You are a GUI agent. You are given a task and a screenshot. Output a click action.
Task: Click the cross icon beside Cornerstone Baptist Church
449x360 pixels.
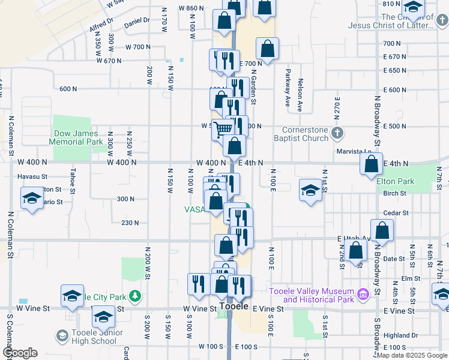338,132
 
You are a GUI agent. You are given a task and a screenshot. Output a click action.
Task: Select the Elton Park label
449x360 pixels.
396,181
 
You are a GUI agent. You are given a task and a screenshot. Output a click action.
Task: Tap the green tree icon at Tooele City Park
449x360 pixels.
136,296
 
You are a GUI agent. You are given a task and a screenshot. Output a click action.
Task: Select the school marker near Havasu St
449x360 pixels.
31,199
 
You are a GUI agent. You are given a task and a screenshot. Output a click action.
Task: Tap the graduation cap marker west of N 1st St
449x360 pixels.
310,190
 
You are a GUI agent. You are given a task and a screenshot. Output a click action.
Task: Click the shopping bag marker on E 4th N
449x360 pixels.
372,163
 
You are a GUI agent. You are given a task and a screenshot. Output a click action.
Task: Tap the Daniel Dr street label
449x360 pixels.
136,20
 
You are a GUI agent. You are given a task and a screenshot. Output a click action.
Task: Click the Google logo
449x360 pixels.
20,353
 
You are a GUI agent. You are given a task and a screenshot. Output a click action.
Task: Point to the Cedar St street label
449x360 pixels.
396,212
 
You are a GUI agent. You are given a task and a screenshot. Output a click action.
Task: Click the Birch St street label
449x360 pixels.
394,193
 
